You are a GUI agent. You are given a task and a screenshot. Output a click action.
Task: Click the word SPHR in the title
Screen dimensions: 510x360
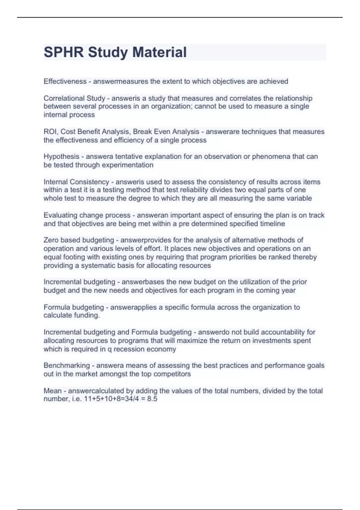64,52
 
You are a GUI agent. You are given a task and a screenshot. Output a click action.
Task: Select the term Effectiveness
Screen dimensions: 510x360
65,81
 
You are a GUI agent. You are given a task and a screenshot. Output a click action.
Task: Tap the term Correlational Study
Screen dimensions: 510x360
74,98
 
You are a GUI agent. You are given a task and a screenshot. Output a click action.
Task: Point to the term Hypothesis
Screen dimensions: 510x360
61,157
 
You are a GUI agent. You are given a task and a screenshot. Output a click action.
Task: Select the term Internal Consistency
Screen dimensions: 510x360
76,182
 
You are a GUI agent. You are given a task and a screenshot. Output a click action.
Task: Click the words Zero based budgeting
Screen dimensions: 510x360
79,240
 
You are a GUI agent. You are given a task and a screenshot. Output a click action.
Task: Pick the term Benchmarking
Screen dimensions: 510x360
67,365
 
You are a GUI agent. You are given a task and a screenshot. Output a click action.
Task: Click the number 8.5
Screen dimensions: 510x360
152,399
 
